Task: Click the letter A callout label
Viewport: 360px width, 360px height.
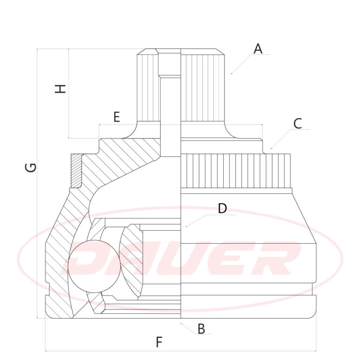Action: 258,49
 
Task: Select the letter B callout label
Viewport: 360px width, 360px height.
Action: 202,329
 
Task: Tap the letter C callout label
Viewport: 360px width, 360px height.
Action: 298,124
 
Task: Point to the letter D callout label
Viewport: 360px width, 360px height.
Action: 222,209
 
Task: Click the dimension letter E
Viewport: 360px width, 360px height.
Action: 117,117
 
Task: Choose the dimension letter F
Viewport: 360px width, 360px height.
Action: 159,342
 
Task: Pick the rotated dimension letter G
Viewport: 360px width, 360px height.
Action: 30,167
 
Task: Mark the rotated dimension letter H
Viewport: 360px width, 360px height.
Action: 60,89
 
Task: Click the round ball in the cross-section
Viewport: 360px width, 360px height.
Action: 94,266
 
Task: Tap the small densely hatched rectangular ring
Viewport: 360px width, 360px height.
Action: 76,171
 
